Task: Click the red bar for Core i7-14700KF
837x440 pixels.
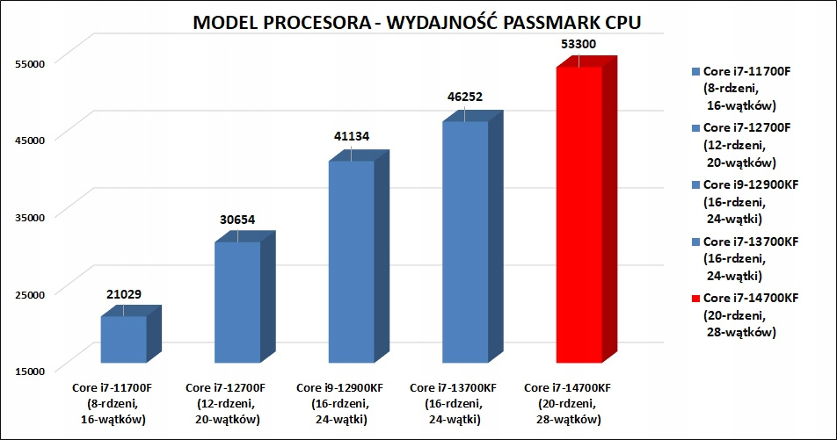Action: (x=579, y=214)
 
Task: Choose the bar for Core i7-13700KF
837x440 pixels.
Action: (x=465, y=242)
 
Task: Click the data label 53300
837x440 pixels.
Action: (x=579, y=43)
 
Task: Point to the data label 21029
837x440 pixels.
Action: (x=123, y=293)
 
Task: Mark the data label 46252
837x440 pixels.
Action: (x=465, y=97)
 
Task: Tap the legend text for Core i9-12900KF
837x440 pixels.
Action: (x=746, y=185)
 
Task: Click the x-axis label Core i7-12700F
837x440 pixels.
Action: (x=226, y=387)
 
